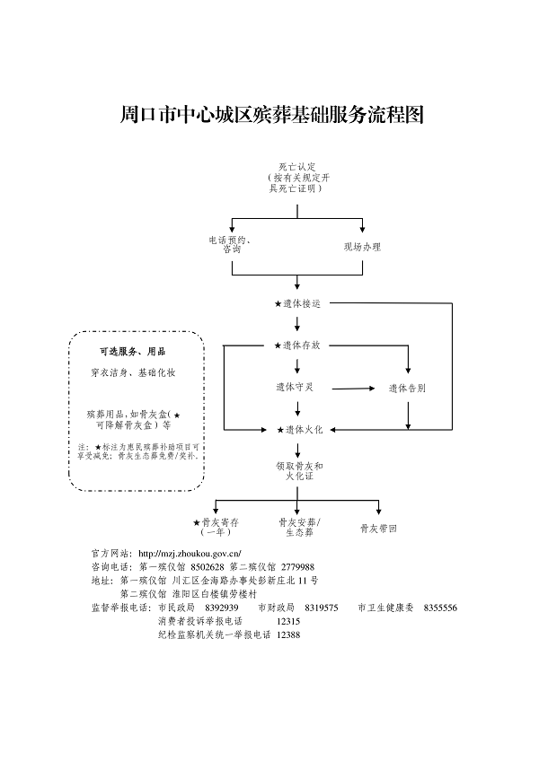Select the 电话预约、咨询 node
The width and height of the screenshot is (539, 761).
(x=230, y=244)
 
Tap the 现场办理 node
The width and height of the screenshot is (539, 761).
(x=362, y=246)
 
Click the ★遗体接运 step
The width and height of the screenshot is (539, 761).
(x=297, y=303)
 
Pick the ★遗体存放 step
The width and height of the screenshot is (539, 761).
(x=297, y=346)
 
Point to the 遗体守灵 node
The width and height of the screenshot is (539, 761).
(x=297, y=388)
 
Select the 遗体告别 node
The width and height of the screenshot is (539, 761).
(x=407, y=389)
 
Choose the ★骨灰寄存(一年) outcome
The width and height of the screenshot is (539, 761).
(x=216, y=526)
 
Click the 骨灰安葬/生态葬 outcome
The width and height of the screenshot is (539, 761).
(x=299, y=526)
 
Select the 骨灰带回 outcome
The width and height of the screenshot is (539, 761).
(x=378, y=529)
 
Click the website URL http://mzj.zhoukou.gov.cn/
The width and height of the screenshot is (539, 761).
(x=190, y=554)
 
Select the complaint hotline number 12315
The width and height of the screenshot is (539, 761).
(x=288, y=620)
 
